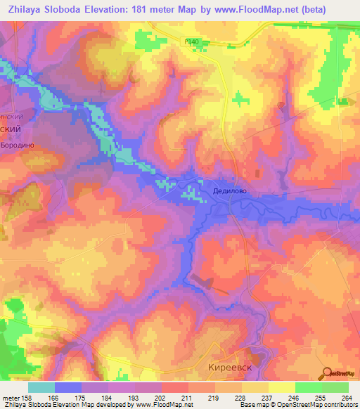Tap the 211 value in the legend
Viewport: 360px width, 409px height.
coord(186,398)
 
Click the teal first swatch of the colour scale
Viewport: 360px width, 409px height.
coord(41,387)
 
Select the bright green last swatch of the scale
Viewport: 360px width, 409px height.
coord(335,387)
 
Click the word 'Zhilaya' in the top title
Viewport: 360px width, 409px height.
coord(28,9)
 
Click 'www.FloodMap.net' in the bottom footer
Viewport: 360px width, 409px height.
coord(162,405)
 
